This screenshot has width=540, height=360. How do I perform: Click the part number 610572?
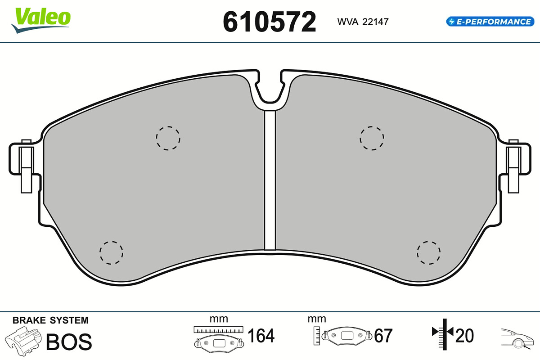coord(269,22)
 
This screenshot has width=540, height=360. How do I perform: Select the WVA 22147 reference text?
coord(363,22)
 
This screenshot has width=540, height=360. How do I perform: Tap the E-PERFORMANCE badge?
coord(490,22)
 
